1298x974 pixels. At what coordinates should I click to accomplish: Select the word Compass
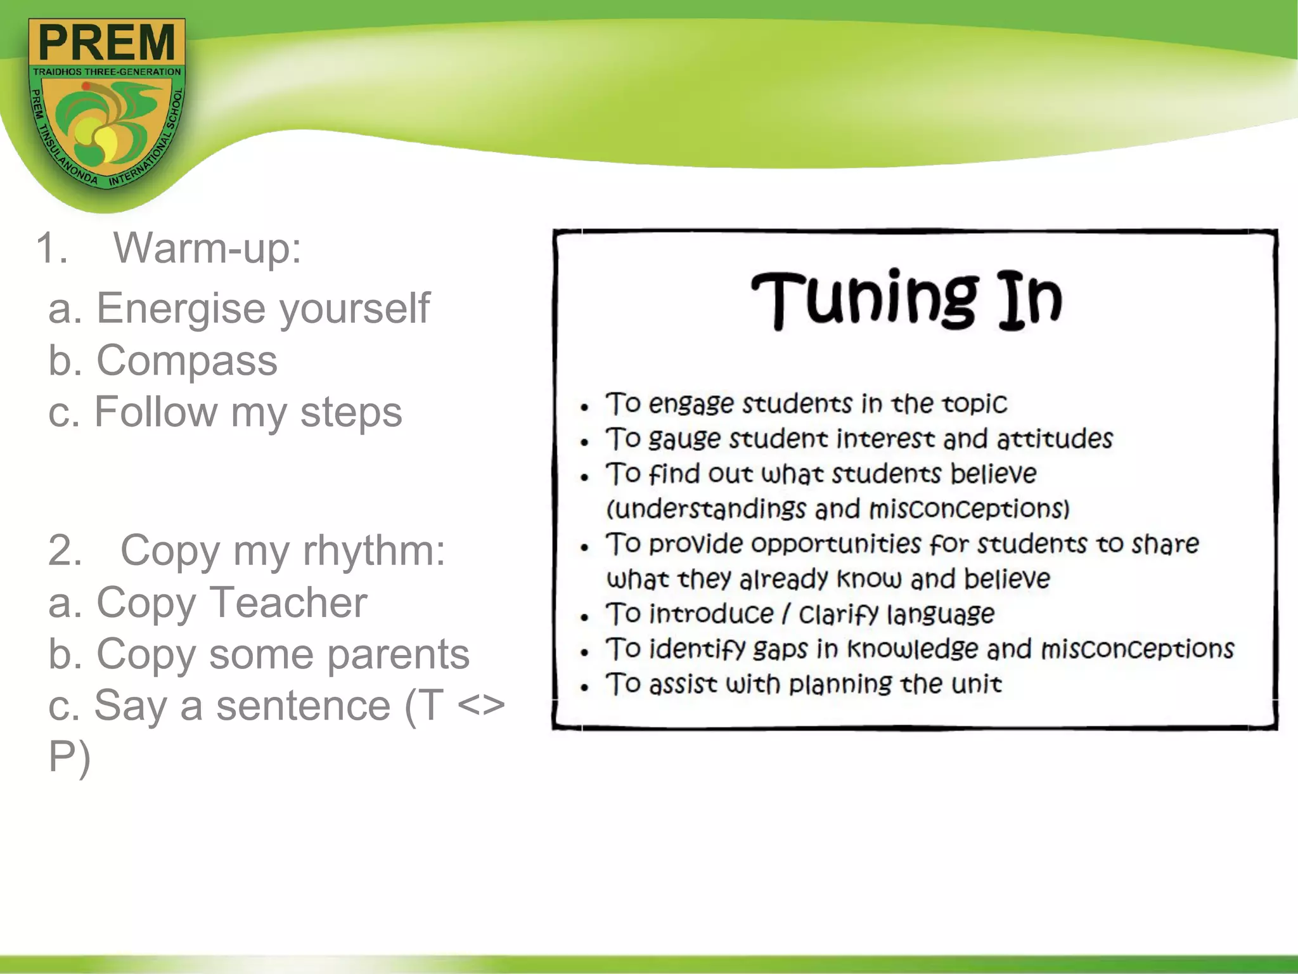click(x=186, y=361)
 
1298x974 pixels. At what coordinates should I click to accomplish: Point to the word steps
click(x=350, y=412)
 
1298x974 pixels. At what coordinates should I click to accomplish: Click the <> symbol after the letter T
click(x=480, y=706)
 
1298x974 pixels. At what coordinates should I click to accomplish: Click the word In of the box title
click(x=1029, y=299)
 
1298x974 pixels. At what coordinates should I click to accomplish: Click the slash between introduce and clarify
click(x=786, y=614)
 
